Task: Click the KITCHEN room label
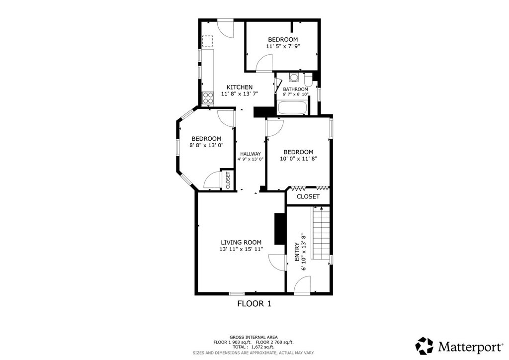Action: [239, 87]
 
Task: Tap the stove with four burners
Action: [208, 98]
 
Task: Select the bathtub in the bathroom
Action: [292, 107]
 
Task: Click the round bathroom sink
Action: [294, 78]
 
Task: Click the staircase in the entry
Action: [321, 232]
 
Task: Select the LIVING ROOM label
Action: [241, 242]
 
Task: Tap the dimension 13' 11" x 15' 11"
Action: [241, 249]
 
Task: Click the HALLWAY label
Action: [251, 154]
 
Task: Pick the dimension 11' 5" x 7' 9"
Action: [283, 46]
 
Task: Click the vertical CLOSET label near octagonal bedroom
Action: [228, 180]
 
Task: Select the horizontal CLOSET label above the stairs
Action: [308, 196]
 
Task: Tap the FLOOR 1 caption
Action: [254, 303]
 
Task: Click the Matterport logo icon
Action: [424, 346]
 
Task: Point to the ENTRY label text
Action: [297, 252]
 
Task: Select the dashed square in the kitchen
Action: [207, 41]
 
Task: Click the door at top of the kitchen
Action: [225, 28]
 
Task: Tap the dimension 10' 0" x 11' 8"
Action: [298, 159]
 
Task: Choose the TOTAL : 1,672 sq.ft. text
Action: [253, 347]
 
